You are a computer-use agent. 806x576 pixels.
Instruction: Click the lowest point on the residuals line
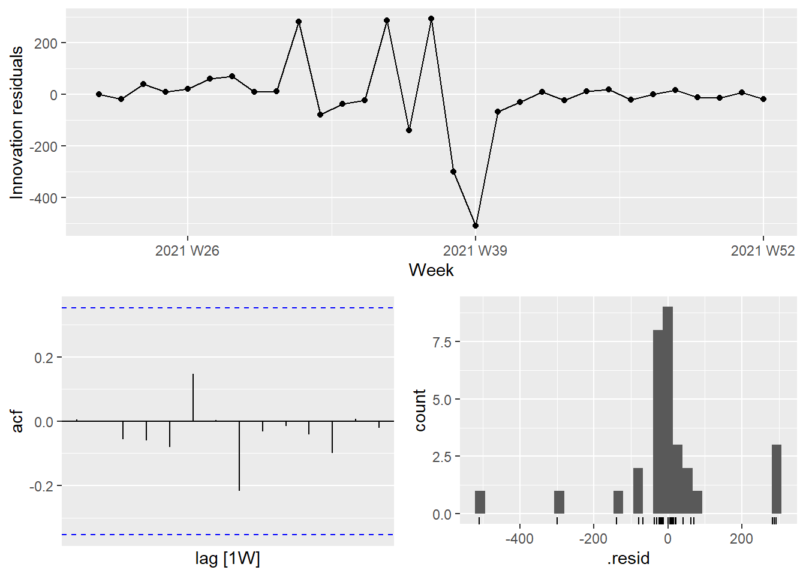tap(476, 226)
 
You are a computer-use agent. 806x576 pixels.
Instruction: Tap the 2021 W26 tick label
tap(187, 251)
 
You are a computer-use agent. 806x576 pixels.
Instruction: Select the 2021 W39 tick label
tap(475, 251)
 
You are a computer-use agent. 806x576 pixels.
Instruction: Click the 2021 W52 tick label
tap(762, 251)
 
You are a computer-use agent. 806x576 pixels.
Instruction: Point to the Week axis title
tap(431, 270)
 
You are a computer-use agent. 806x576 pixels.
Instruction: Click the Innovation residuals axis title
tap(17, 122)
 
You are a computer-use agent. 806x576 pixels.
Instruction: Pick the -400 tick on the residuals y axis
tap(46, 198)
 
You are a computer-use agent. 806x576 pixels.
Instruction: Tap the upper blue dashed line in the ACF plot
tap(228, 308)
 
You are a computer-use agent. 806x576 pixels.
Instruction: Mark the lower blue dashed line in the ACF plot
tap(228, 535)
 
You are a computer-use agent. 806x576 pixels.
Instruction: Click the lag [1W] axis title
tap(227, 559)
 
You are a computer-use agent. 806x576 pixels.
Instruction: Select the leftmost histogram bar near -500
tap(480, 502)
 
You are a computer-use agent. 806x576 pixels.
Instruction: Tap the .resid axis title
tap(628, 559)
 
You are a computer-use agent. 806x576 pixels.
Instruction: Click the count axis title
tap(420, 410)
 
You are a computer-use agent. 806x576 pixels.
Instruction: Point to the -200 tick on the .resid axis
tap(593, 538)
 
